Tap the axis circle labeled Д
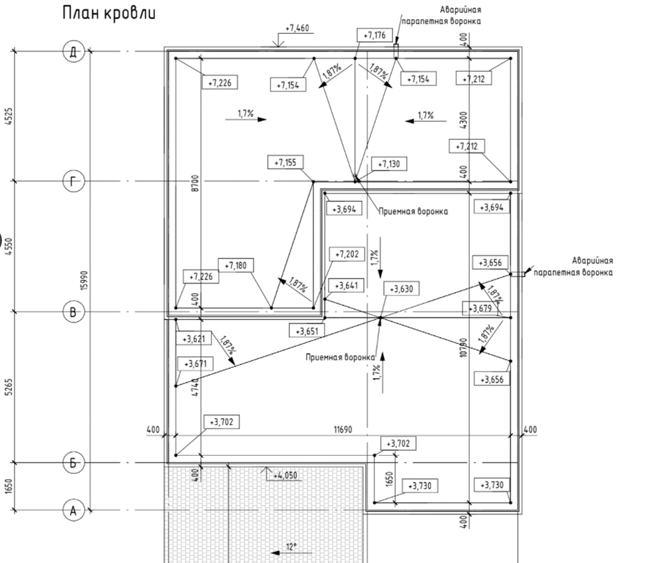tap(74, 51)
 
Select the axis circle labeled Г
tap(74, 180)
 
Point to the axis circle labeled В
tap(74, 311)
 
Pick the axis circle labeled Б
tap(74, 462)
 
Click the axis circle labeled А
tap(74, 510)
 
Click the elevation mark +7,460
tap(296, 29)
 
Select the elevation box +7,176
tap(375, 35)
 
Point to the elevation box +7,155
tap(285, 162)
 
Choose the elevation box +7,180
tap(236, 266)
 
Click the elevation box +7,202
tap(347, 254)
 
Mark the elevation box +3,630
tap(403, 289)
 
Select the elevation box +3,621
tap(194, 339)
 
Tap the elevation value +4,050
tap(287, 475)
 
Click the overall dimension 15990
tap(84, 281)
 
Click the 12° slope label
tap(290, 547)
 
